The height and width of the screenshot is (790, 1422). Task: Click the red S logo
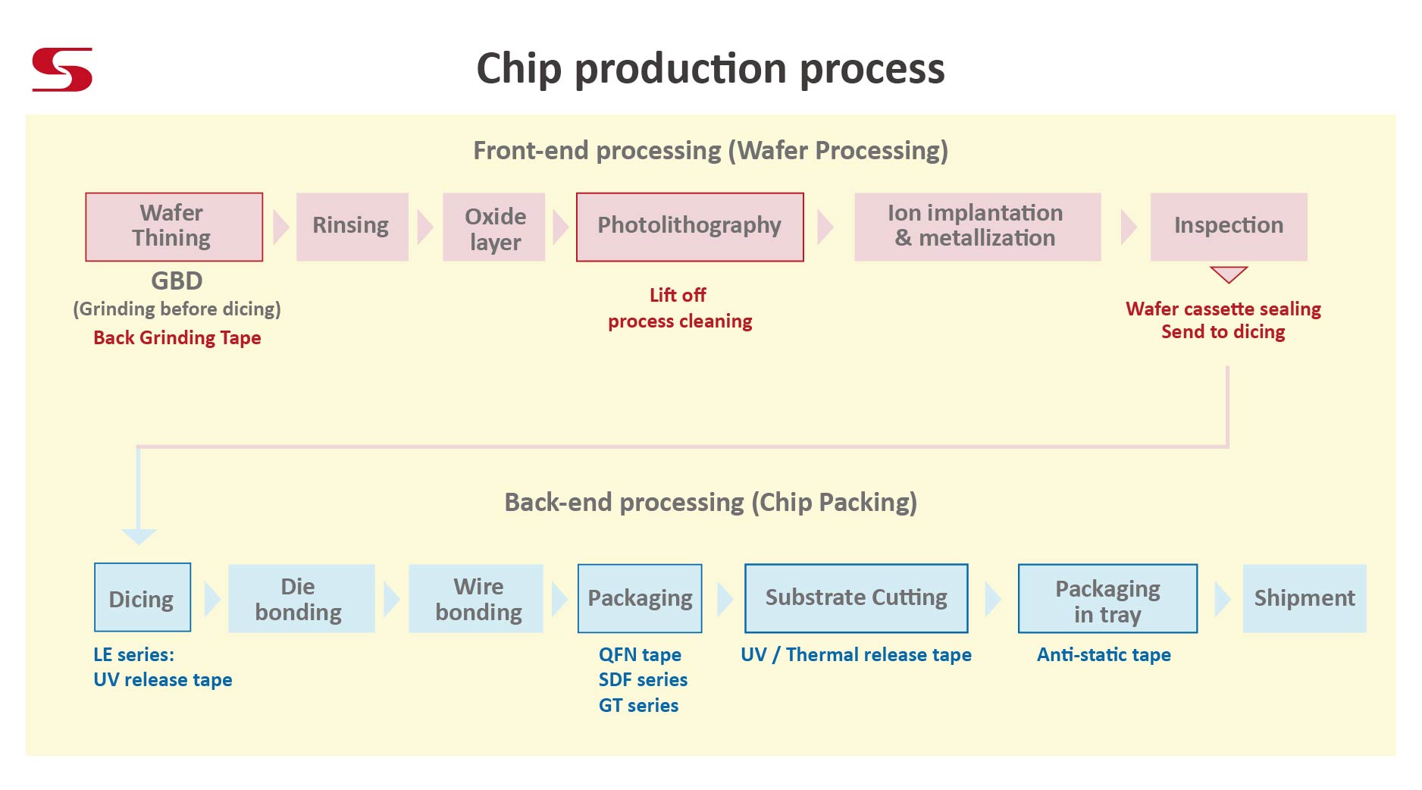(62, 70)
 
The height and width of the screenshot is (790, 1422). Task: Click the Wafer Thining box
(174, 227)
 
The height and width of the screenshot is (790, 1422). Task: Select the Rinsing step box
(352, 227)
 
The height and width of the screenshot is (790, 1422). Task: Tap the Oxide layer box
(493, 227)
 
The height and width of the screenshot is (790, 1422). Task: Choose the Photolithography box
(689, 227)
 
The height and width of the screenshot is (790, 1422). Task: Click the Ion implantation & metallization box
(976, 227)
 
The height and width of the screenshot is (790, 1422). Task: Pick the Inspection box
(1228, 227)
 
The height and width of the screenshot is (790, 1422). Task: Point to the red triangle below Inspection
(1229, 273)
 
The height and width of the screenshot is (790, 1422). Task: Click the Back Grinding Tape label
(177, 337)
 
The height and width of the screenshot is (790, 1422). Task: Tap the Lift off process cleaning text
(679, 308)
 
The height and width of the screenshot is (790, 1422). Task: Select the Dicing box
(142, 597)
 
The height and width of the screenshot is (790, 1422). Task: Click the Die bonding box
(301, 598)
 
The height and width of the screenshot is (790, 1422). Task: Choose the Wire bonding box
(475, 598)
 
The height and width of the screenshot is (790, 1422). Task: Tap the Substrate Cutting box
(856, 598)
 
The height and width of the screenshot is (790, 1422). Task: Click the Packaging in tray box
(1107, 598)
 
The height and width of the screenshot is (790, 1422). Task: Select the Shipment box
(1304, 598)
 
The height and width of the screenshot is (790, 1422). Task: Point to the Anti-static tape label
(1103, 654)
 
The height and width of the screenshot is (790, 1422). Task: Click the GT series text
(638, 705)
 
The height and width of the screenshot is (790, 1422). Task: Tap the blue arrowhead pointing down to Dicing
(139, 536)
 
